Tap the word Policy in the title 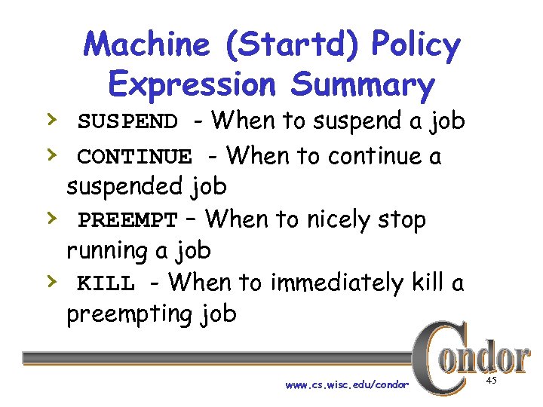(x=418, y=47)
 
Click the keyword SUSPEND (x=128, y=121)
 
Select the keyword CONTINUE (x=135, y=157)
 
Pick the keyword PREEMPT (x=128, y=221)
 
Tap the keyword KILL (x=106, y=284)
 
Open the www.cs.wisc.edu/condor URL (x=347, y=384)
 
